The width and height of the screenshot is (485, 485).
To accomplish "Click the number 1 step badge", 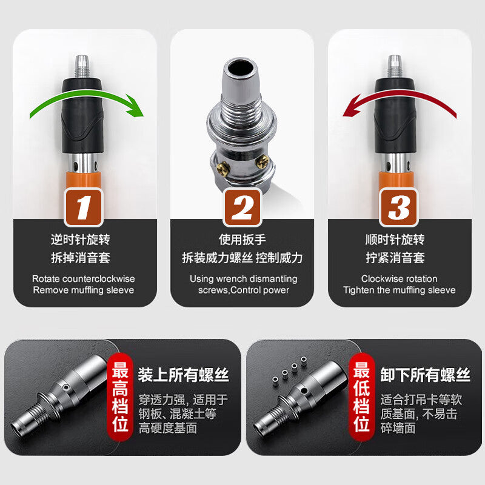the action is coord(84,207).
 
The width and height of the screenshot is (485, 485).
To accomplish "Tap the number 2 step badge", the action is coord(242,207).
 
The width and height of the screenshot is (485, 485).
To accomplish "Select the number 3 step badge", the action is coord(399,207).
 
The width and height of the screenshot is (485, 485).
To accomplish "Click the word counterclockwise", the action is coord(98,279).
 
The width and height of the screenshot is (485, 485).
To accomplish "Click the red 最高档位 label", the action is coord(120,397).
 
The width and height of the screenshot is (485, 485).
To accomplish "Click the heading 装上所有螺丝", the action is coord(184,375).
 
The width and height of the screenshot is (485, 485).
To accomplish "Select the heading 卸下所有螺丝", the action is coord(426,375).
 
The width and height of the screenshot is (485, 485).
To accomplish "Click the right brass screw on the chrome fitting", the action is coord(263,162).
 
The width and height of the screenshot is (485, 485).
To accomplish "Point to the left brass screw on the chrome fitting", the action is coord(222,169).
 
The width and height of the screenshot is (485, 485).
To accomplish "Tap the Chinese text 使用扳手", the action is coord(242,239).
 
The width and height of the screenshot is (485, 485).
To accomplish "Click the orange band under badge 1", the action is coord(84,181).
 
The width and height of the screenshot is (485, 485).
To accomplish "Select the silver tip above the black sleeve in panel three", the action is coord(395,66).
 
